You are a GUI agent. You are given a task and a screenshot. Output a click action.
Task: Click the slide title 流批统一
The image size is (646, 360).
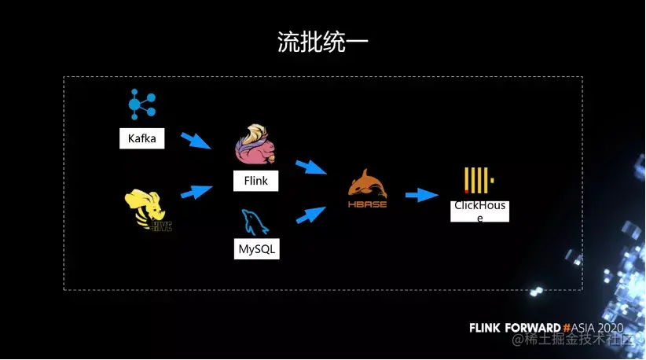coord(322,42)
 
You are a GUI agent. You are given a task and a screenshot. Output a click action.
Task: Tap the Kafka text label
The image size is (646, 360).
coord(141,139)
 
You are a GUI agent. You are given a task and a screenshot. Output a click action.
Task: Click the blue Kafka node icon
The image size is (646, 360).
coord(142,105)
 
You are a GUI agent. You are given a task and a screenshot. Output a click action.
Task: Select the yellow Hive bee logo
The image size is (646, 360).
coord(148,211)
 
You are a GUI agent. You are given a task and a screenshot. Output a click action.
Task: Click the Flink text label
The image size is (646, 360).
coord(255,181)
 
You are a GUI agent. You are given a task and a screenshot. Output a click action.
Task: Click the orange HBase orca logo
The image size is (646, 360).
coord(368,189)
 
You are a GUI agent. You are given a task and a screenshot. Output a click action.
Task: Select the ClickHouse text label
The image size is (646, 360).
coord(479,211)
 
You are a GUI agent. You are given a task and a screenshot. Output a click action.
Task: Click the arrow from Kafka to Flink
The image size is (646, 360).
coord(196,141)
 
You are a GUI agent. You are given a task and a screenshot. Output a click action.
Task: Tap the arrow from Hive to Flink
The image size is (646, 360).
coord(196,191)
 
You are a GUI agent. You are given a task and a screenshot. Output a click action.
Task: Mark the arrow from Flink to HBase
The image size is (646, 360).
coord(310,167)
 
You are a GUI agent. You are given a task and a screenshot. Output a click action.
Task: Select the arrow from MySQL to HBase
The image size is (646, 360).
coord(310,214)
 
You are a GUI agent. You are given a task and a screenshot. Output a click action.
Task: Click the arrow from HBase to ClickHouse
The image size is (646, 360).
coord(421,195)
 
